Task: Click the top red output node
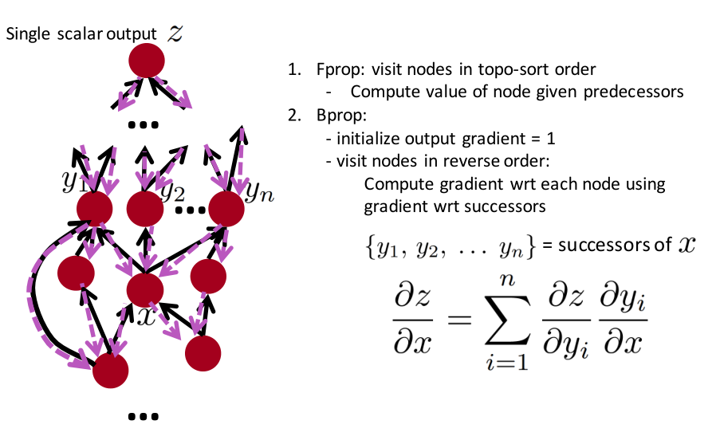146,60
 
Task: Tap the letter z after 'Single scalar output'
176,34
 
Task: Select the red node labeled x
144,289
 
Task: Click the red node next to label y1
95,209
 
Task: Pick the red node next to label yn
226,209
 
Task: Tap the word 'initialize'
364,138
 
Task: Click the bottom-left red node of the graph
111,370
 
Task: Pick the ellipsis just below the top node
144,125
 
